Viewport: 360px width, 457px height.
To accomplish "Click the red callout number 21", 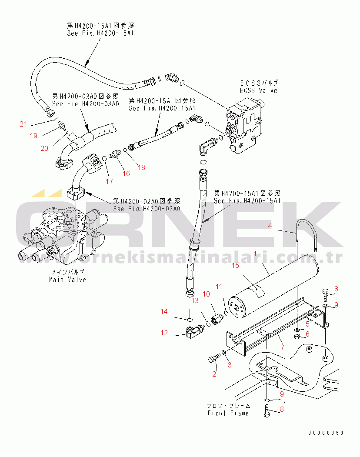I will coord(23,124).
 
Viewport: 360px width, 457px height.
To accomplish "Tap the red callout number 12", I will coord(164,333).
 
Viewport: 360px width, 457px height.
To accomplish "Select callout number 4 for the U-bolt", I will coord(270,226).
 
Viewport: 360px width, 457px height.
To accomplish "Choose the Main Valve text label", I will coord(68,279).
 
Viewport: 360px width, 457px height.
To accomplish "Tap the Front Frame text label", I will coord(228,413).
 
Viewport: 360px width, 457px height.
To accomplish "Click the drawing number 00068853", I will coord(326,433).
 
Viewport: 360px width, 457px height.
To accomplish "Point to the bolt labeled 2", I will coord(213,359).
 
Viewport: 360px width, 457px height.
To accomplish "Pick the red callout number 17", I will coord(109,181).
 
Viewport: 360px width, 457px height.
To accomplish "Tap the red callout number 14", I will coord(164,311).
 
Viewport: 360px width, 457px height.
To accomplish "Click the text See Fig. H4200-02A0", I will coord(146,208).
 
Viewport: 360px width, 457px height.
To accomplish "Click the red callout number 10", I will coord(207,294).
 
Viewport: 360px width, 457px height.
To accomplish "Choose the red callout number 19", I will coord(33,136).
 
